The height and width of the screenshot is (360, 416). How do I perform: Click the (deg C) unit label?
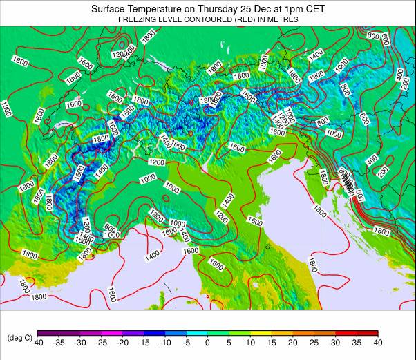[x=19, y=338]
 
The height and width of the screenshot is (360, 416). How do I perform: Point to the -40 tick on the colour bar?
[x=37, y=343]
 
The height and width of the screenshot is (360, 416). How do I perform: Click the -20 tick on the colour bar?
[x=122, y=343]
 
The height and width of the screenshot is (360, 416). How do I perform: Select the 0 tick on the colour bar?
[x=208, y=343]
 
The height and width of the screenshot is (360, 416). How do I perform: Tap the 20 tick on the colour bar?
[x=293, y=343]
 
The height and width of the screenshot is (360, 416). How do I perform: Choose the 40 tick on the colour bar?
[x=378, y=343]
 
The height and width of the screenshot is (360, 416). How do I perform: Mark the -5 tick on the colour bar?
[x=187, y=343]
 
